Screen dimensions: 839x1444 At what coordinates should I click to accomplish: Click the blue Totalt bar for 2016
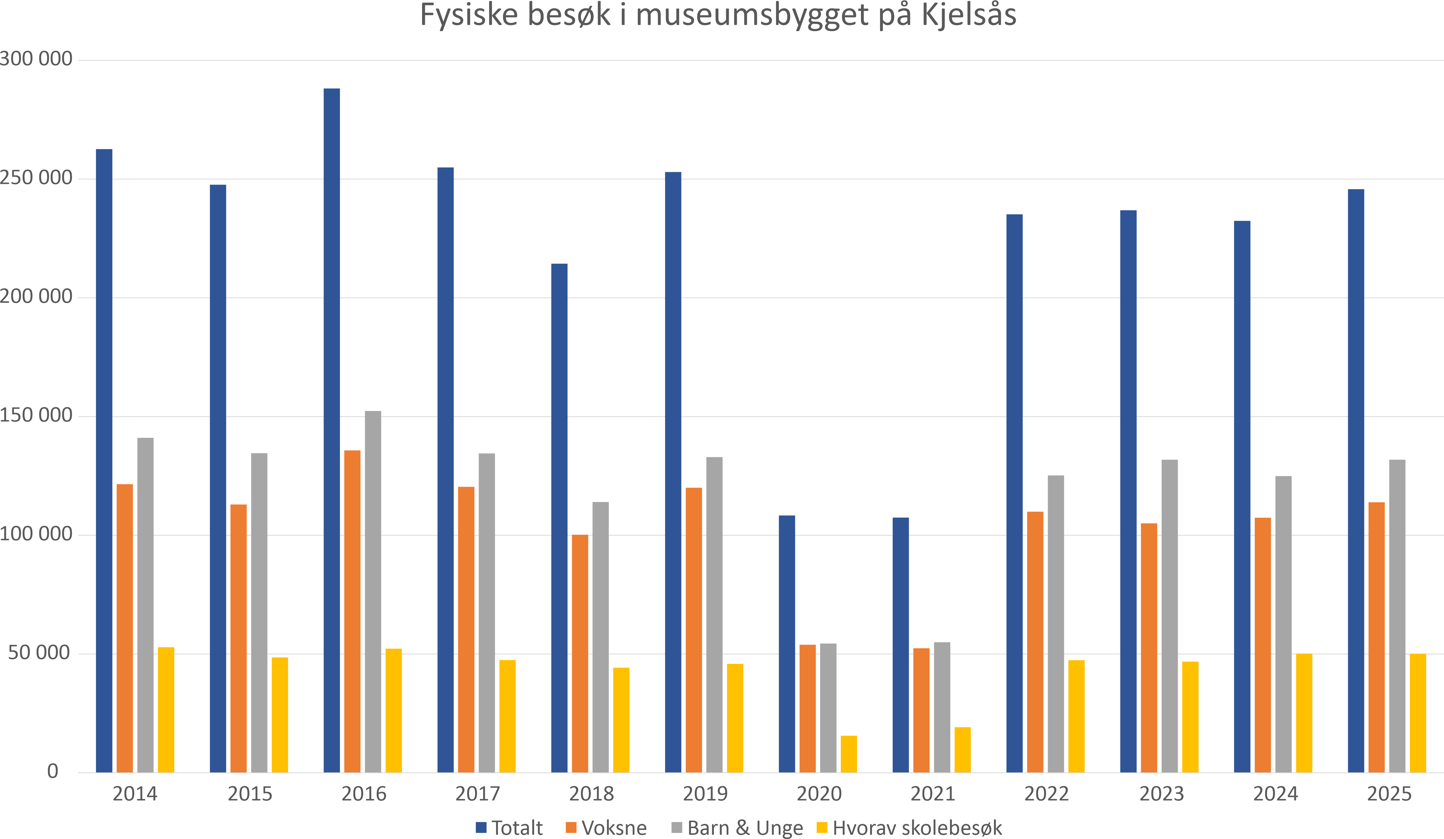coord(332,430)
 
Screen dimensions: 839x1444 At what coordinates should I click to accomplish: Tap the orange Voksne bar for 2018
coord(580,653)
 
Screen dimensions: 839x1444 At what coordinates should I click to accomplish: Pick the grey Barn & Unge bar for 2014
coord(146,605)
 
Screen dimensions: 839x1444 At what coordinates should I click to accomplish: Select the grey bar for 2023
coord(1170,616)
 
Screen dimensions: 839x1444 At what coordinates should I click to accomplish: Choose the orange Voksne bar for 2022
coord(1035,642)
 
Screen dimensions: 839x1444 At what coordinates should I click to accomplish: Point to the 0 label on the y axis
coord(53,771)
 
